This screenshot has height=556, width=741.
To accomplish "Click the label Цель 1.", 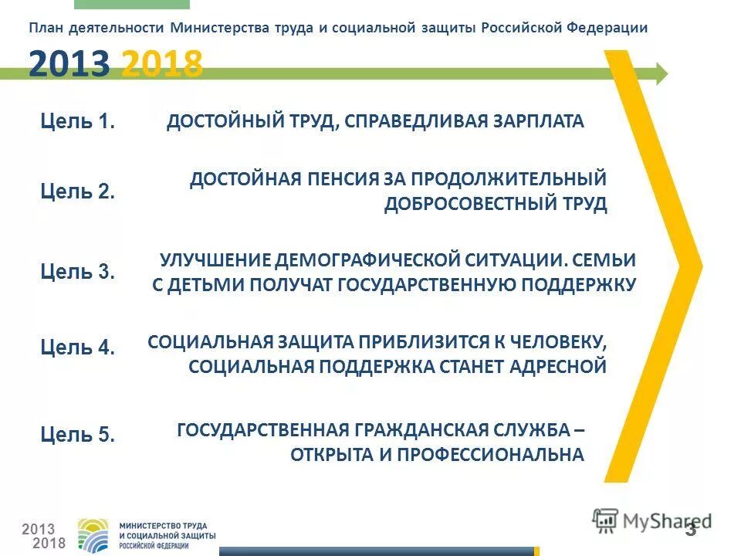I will (77, 121).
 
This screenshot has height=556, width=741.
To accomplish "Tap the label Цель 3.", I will (77, 272).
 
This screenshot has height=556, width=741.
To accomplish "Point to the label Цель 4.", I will (77, 347).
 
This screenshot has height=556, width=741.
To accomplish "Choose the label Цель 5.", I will (77, 435).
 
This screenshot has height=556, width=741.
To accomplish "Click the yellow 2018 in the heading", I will (162, 64).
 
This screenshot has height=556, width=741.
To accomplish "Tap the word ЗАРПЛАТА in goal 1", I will (535, 121).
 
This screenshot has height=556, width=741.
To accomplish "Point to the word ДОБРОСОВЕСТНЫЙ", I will (465, 205).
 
